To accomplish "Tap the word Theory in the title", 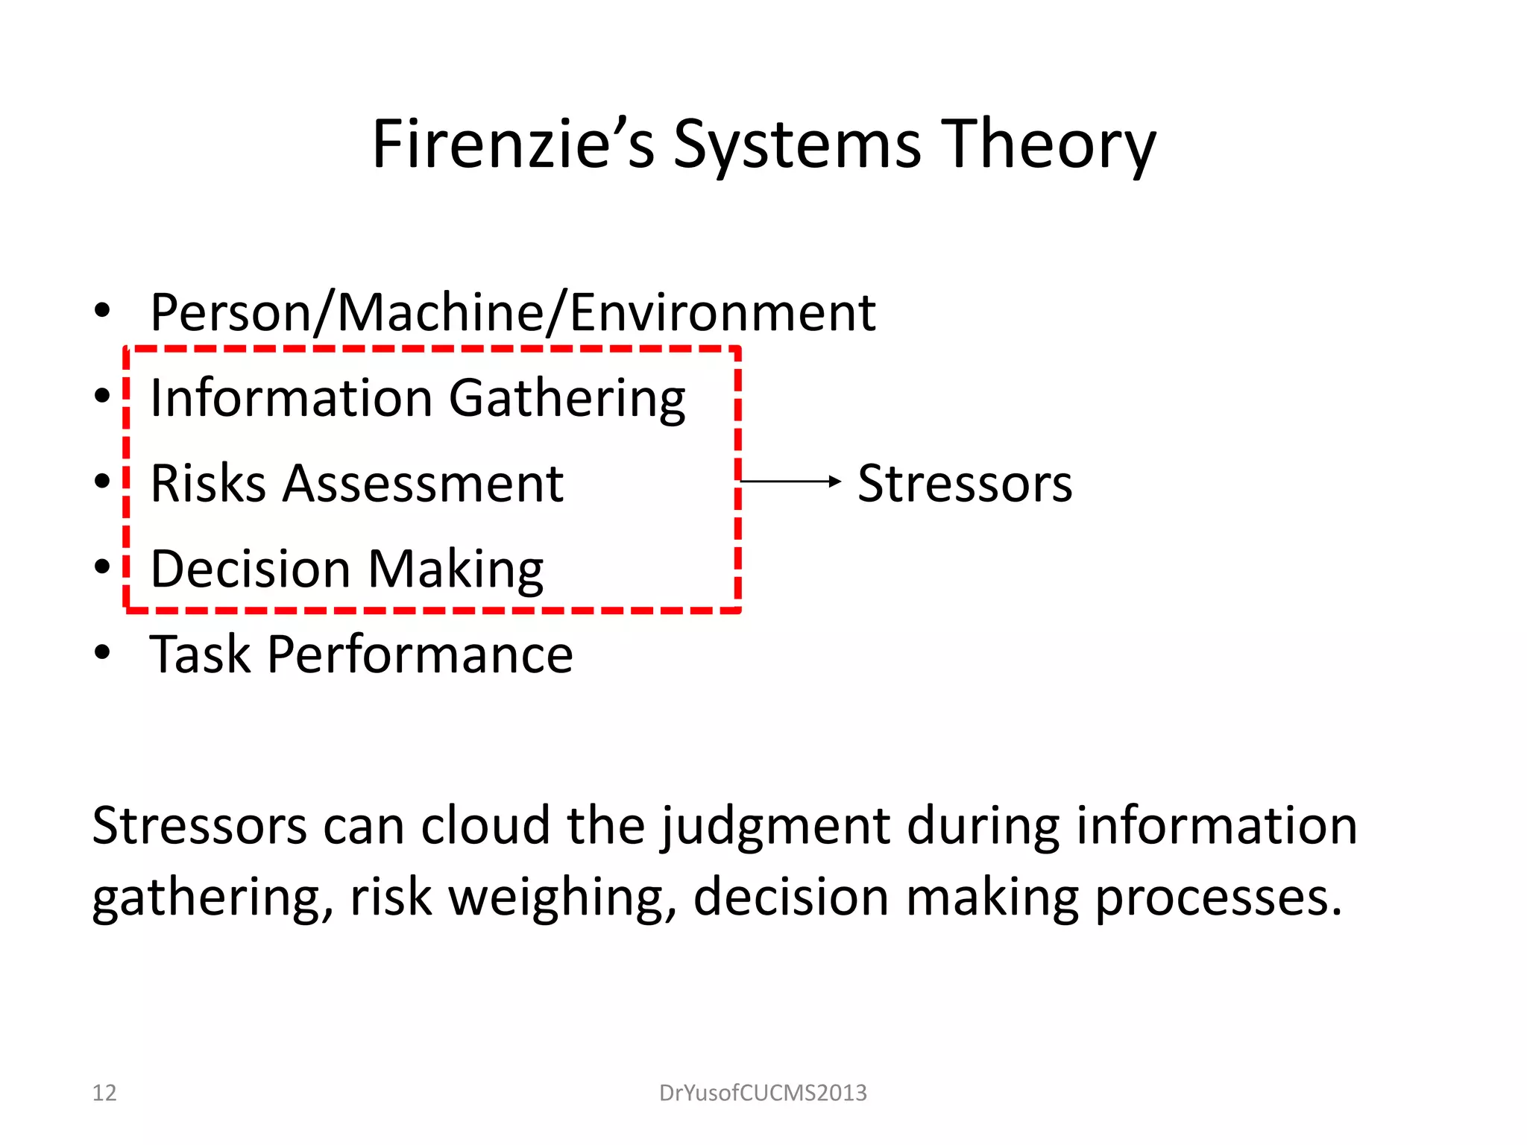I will coord(1051,145).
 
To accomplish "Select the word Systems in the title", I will coord(797,145).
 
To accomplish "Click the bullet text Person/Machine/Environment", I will coord(512,312).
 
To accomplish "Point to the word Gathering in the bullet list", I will coord(567,400).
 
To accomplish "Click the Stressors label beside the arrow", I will coord(965,484).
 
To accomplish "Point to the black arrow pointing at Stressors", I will coord(790,482).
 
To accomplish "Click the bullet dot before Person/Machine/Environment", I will coord(102,310).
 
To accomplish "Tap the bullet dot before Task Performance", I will coord(102,653).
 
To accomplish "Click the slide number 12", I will coord(104,1093).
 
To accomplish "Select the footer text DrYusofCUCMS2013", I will coord(763,1093).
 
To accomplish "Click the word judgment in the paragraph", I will coord(776,827).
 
